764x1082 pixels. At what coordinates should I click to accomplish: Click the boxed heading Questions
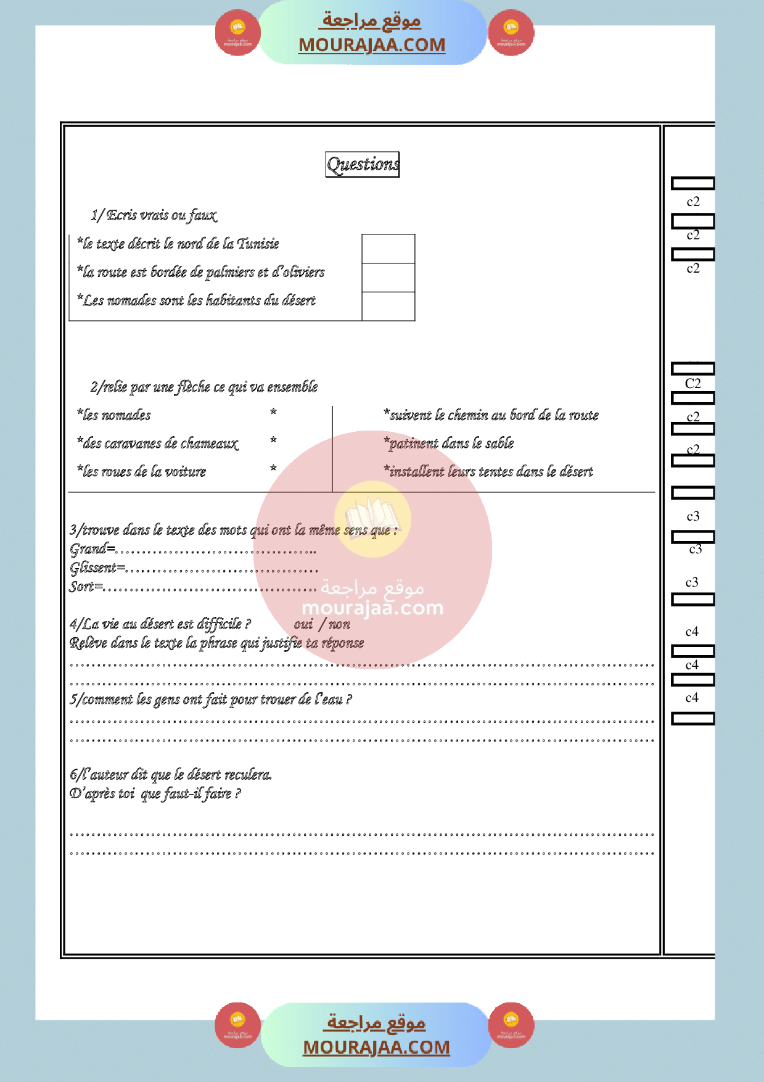coord(363,164)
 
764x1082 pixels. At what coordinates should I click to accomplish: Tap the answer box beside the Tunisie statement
coord(388,249)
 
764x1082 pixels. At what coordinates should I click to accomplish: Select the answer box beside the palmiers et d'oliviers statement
coord(388,278)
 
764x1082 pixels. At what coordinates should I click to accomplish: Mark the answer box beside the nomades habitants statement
coord(388,306)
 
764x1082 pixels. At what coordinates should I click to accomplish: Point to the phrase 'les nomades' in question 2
coord(114,415)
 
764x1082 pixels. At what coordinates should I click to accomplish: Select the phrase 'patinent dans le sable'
coord(449,443)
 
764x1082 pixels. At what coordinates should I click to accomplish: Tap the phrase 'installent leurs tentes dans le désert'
coord(488,471)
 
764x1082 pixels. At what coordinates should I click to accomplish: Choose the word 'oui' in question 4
coord(303,624)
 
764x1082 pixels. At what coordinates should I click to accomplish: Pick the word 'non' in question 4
coord(339,624)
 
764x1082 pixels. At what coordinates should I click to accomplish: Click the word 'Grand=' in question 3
coord(92,548)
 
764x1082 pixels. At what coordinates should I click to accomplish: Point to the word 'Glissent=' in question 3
coord(97,568)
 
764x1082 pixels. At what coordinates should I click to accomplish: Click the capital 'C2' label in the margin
coord(693,383)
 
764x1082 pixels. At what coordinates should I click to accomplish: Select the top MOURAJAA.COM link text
coord(372,45)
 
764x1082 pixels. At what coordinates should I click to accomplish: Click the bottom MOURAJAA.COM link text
coord(376,1047)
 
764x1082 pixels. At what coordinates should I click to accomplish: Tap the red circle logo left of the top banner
coord(237,33)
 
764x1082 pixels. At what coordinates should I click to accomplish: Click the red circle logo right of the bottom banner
coord(511,1025)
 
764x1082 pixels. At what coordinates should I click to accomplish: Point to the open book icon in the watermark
coord(372,517)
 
